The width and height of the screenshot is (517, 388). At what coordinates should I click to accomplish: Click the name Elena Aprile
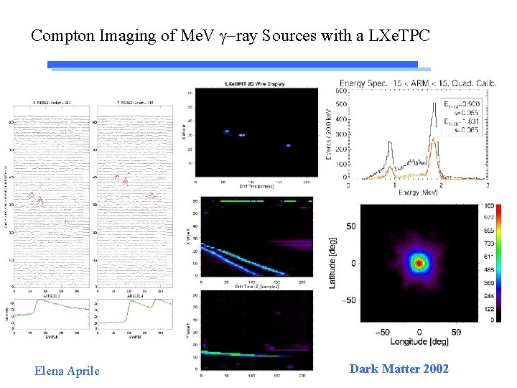(67, 371)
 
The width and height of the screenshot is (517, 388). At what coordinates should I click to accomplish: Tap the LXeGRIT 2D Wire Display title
(254, 85)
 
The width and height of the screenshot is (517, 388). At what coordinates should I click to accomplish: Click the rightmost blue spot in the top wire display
(287, 145)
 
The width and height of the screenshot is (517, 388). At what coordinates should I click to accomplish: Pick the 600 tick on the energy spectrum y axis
(342, 91)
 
